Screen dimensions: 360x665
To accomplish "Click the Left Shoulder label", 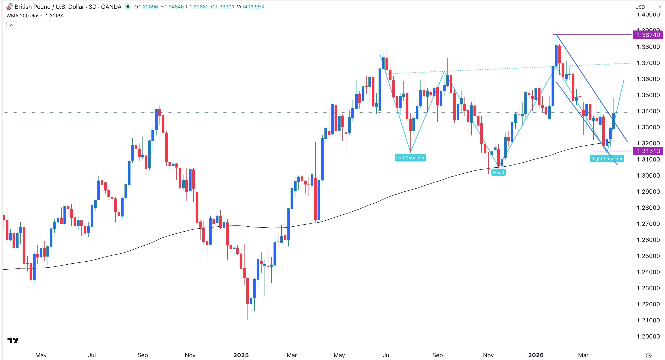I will click(410, 158).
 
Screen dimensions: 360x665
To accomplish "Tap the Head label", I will click(498, 172).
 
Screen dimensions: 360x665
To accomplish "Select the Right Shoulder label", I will click(606, 158).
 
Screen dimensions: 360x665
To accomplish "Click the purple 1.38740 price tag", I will click(648, 35).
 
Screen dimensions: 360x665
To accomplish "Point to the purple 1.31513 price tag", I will click(648, 151).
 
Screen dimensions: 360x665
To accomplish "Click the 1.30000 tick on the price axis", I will click(648, 176).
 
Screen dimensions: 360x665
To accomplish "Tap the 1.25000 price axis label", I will click(648, 256).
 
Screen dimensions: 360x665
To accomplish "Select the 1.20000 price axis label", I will click(648, 336).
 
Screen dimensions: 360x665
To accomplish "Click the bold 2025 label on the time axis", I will click(241, 355).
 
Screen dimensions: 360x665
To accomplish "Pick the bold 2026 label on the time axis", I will click(536, 355).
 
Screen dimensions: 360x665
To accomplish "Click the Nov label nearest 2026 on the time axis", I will click(488, 355).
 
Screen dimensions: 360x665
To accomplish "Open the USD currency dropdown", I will click(648, 7).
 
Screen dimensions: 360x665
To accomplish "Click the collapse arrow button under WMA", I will click(12, 25).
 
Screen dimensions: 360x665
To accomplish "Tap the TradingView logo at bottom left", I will click(13, 341).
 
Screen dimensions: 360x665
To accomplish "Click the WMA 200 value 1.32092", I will click(55, 16).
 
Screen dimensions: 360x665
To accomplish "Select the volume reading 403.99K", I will click(254, 7).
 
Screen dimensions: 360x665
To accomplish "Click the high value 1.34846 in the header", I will click(174, 7).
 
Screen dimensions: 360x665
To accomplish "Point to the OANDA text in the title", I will click(111, 7).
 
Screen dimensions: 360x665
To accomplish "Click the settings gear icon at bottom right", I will click(649, 355).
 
